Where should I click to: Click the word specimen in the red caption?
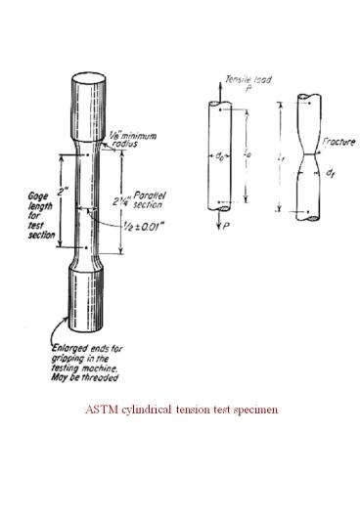pos(259,408)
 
